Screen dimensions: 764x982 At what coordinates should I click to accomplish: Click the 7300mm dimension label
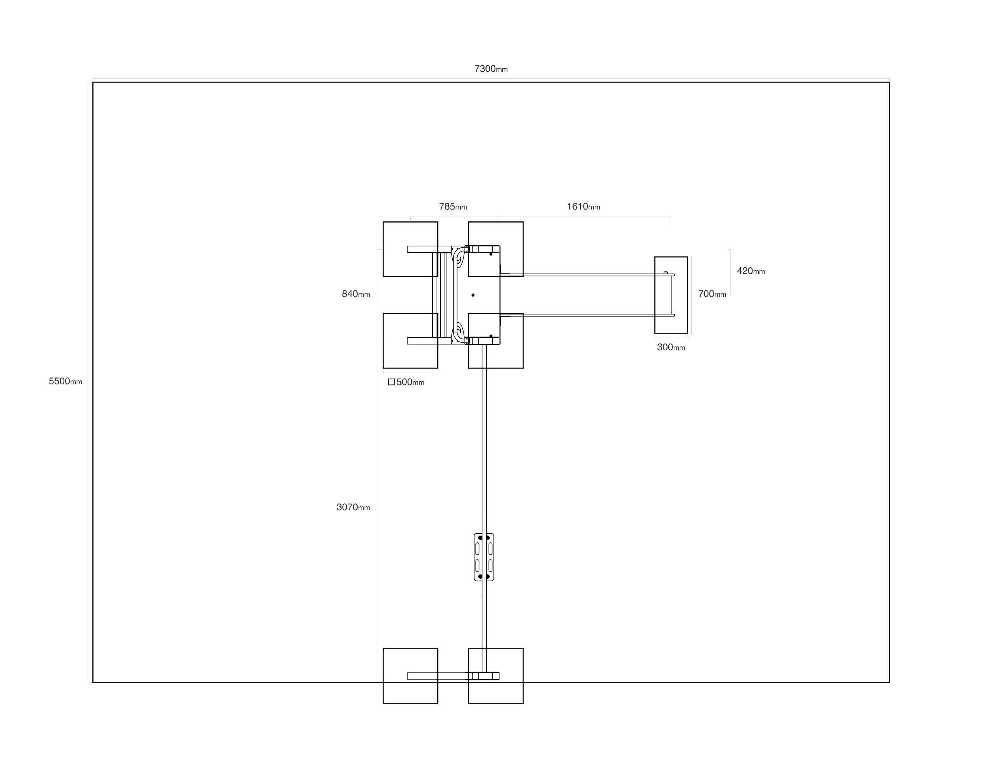click(490, 69)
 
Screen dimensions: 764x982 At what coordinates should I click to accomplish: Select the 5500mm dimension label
click(65, 381)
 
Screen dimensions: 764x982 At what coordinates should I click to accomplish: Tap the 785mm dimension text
click(453, 207)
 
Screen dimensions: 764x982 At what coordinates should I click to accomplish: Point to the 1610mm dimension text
click(583, 207)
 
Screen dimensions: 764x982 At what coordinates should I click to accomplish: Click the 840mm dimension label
click(356, 294)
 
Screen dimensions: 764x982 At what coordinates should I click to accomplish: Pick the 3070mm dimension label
click(353, 507)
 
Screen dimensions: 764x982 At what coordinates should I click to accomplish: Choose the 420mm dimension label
click(750, 271)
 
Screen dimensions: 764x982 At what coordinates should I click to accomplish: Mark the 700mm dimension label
click(712, 294)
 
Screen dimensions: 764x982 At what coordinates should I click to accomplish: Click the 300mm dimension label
click(671, 347)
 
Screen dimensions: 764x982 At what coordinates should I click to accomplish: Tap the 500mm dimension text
click(410, 382)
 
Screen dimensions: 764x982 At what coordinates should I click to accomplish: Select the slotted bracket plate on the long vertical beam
click(484, 557)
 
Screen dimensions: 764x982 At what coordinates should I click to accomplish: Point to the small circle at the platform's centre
click(473, 295)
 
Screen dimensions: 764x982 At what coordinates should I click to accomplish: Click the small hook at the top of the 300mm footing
click(666, 273)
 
